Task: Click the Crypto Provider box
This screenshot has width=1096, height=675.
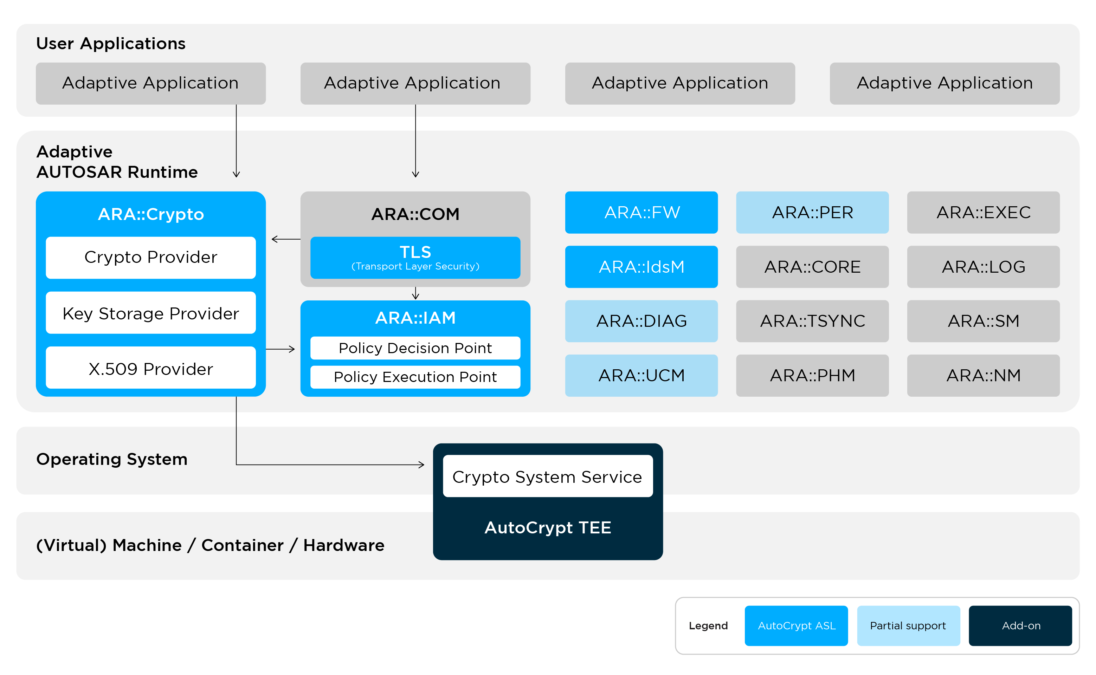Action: click(150, 258)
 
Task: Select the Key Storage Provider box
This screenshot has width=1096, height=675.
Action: click(150, 313)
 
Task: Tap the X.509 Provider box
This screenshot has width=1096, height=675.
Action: click(150, 368)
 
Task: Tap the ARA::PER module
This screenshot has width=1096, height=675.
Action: click(812, 213)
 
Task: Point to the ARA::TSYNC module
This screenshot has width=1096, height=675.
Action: click(812, 321)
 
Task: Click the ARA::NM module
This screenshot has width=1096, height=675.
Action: click(983, 375)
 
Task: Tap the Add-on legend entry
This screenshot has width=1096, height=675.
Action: click(1020, 625)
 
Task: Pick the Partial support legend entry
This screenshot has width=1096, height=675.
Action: click(908, 625)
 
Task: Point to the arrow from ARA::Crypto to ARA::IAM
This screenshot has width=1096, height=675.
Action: click(281, 349)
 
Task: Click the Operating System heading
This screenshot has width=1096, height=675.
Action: click(112, 459)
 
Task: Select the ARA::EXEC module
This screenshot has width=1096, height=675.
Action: click(983, 213)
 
